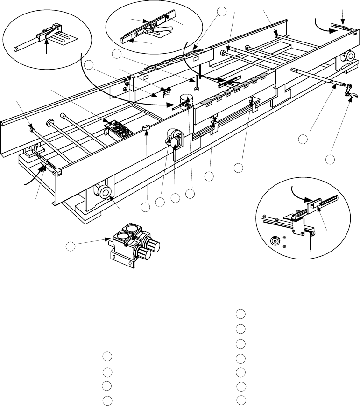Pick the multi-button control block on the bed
(120, 130)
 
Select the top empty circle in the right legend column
(240, 313)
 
